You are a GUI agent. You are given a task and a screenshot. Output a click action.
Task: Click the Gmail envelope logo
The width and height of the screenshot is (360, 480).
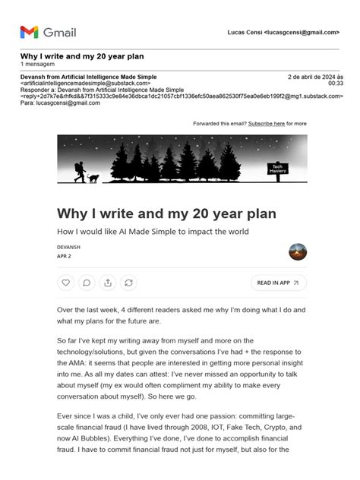29,32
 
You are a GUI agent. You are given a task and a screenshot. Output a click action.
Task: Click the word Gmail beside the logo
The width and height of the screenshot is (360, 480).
59,33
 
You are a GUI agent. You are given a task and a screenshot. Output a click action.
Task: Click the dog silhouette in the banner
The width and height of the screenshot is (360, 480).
93,178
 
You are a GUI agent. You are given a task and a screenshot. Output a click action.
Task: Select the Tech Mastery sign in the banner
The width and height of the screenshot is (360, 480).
278,169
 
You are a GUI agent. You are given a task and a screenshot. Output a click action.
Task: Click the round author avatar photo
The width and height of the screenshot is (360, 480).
298,252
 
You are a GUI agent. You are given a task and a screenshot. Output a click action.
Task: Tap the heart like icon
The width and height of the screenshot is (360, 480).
66,283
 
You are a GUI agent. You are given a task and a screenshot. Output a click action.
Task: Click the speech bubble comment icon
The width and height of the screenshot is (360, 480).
87,283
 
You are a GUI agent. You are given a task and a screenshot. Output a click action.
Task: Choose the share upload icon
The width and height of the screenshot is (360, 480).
108,283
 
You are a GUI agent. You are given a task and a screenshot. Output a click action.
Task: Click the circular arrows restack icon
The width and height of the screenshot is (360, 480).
129,283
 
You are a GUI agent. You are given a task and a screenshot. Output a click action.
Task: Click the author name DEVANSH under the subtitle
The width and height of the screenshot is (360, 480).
69,248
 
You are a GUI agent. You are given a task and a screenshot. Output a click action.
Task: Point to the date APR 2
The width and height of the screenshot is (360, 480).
64,257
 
